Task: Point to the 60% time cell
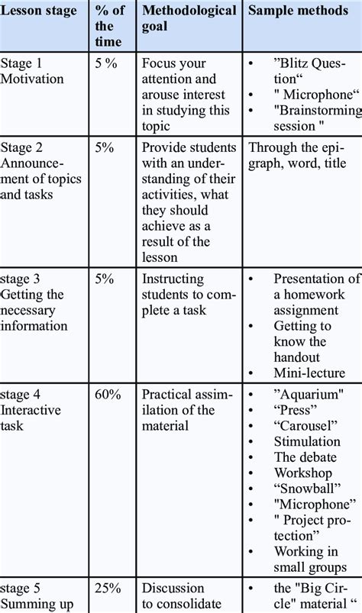click(x=108, y=394)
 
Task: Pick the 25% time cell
click(x=108, y=589)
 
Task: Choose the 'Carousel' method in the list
click(x=307, y=425)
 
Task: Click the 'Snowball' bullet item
click(x=308, y=489)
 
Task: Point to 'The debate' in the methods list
click(x=305, y=457)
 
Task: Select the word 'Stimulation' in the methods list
click(x=307, y=441)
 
